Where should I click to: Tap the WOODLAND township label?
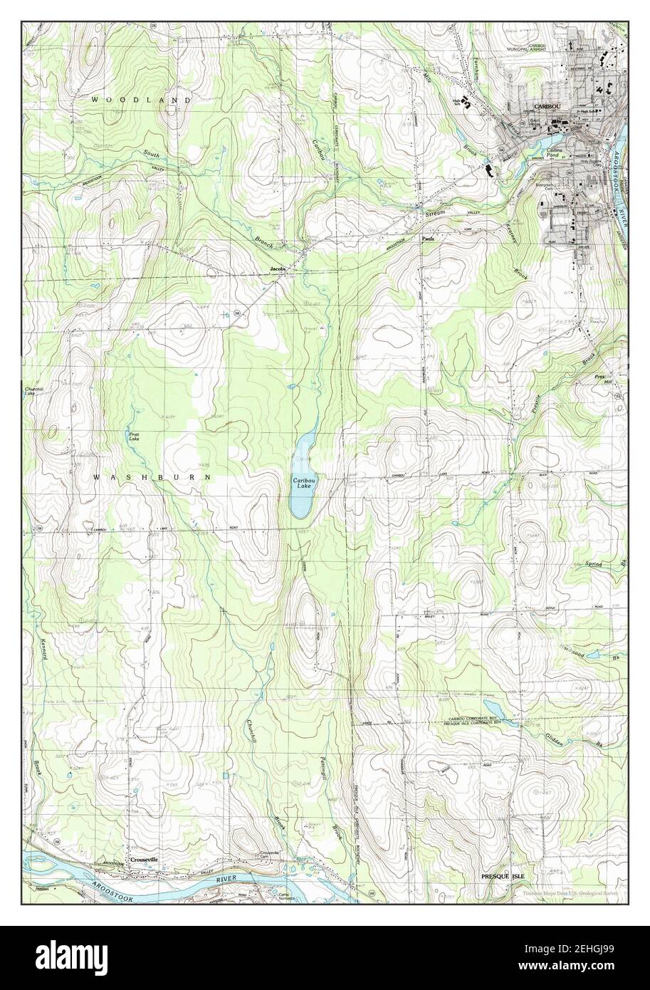click(x=141, y=100)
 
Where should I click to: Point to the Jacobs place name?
click(x=277, y=269)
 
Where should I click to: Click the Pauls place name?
click(x=427, y=239)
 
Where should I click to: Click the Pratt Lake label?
click(x=134, y=436)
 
